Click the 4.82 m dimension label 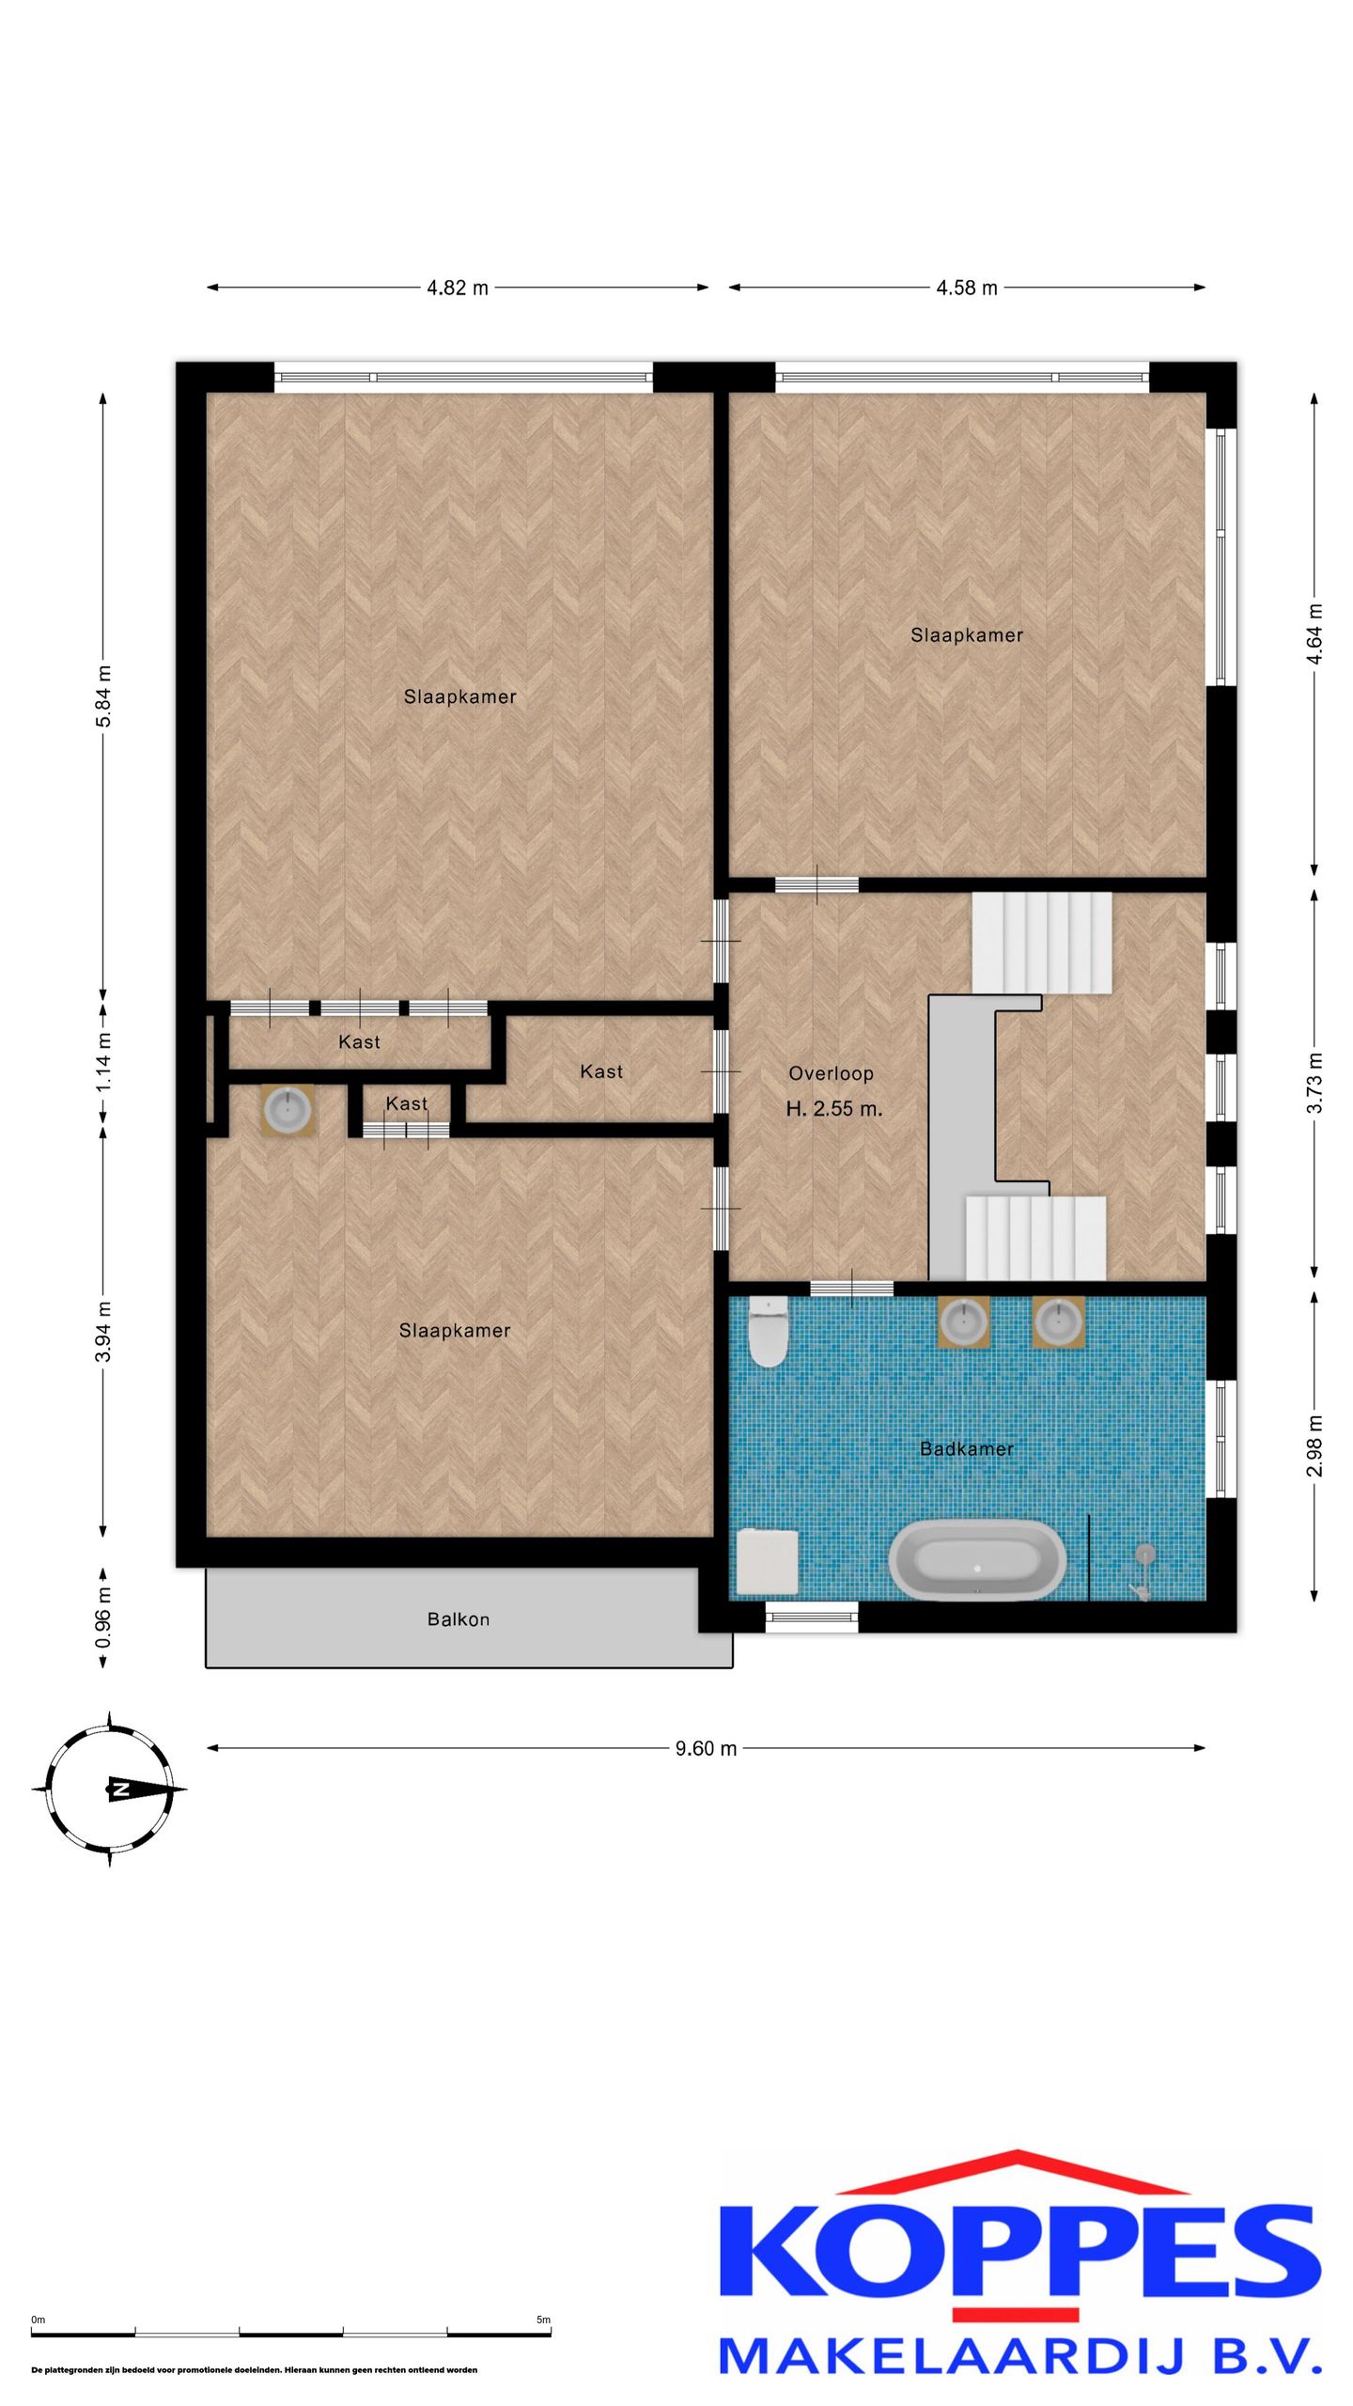click(x=458, y=288)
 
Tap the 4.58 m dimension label click(x=967, y=288)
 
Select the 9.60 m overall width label click(x=706, y=1748)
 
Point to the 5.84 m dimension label click(x=103, y=696)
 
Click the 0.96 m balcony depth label click(x=103, y=1617)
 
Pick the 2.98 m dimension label click(x=1314, y=1445)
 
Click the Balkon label click(x=459, y=1619)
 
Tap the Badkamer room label click(x=967, y=1449)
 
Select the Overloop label click(x=832, y=1073)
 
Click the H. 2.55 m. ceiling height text click(x=834, y=1109)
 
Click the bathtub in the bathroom click(x=978, y=1560)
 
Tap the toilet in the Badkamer click(x=769, y=1331)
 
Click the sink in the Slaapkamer click(x=288, y=1110)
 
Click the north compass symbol click(x=110, y=1789)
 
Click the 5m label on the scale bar click(x=543, y=2320)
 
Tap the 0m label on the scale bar click(x=38, y=2320)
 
